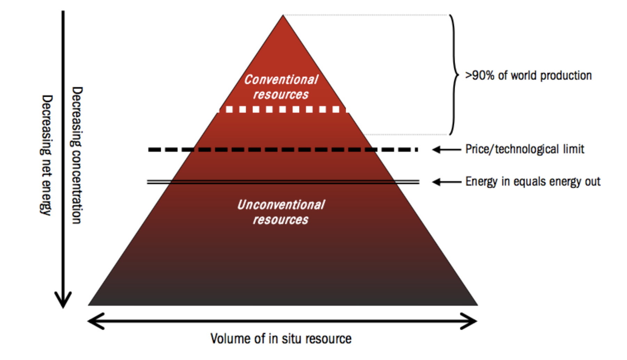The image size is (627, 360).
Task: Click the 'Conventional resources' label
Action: click(x=281, y=87)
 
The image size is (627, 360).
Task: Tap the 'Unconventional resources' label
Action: click(x=281, y=212)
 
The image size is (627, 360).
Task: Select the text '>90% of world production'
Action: click(x=528, y=76)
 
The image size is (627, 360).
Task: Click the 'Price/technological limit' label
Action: click(x=524, y=149)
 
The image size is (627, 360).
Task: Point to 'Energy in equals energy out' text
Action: click(x=533, y=182)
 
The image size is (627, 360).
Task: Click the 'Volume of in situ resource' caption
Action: click(x=281, y=338)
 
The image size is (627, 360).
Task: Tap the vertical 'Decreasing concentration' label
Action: click(x=77, y=155)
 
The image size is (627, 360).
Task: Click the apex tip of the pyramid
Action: click(x=283, y=16)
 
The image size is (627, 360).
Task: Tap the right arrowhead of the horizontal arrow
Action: click(x=471, y=321)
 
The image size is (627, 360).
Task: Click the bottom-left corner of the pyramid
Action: click(x=89, y=305)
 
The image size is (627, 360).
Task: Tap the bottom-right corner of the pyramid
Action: click(x=477, y=305)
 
